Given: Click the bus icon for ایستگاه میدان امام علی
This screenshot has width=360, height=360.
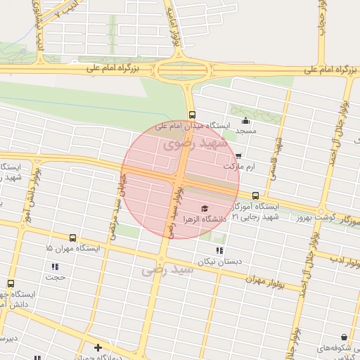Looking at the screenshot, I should coord(192,115).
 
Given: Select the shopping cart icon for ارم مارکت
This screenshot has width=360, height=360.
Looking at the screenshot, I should coord(238,156).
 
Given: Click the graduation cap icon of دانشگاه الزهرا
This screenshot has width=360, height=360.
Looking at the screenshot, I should coord(204,208).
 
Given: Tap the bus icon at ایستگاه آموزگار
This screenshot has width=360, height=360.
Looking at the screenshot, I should coord(255,196).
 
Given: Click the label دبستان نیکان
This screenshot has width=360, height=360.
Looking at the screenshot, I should coord(214,261).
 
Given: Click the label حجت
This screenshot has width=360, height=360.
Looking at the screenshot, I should coord(55,277).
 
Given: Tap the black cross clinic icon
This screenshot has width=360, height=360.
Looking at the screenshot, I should coord(98,347).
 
